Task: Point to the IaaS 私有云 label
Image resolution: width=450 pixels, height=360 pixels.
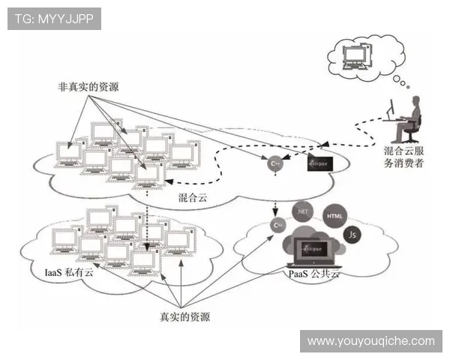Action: pyautogui.click(x=69, y=271)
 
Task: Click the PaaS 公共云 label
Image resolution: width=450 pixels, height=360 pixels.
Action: pyautogui.click(x=314, y=275)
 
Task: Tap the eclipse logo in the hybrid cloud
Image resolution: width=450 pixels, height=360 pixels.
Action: pyautogui.click(x=320, y=161)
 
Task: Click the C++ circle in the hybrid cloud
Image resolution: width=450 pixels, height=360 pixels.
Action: pyautogui.click(x=277, y=163)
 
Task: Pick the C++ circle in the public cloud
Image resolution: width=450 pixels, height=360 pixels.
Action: pyautogui.click(x=277, y=224)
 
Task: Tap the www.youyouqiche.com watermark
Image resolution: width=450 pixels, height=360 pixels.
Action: pyautogui.click(x=370, y=341)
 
